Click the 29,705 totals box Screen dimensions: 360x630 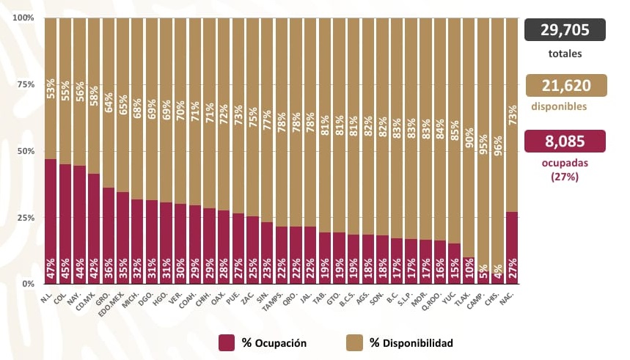pos(565,30)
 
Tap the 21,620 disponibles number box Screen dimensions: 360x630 pos(565,85)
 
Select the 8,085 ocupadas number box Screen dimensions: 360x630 pos(565,141)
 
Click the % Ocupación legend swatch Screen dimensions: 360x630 pos(227,343)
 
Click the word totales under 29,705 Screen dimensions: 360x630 pos(565,54)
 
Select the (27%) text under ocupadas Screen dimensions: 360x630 pos(565,176)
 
